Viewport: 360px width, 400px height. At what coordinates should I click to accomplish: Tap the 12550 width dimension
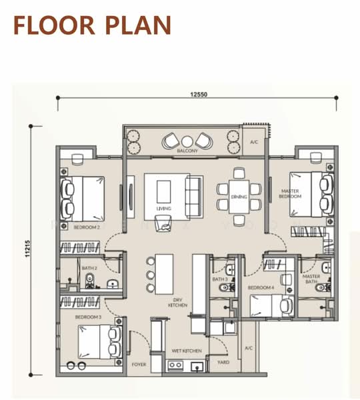coord(198,95)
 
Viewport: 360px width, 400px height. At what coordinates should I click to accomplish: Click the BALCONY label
coord(187,151)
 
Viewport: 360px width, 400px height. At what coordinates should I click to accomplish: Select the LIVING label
coord(163,209)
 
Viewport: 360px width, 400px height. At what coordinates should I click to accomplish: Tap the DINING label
coord(239,197)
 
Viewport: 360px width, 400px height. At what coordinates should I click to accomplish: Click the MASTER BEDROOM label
coord(291,194)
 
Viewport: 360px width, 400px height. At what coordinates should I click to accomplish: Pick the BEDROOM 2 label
coord(87,227)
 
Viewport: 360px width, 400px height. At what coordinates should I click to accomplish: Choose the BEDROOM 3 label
coord(88,317)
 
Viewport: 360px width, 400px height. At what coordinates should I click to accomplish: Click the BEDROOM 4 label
coord(261,287)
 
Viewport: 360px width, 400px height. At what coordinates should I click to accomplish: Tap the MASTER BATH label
coord(311,279)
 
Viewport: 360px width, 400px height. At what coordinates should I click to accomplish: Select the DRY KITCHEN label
coord(178,303)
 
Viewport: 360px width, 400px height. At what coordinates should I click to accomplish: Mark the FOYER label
coord(139,365)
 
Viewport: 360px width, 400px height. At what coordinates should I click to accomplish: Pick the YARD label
coord(223,363)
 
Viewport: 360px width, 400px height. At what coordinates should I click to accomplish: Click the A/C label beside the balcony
coord(254,143)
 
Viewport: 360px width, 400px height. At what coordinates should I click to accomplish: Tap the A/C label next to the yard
coord(248,348)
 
